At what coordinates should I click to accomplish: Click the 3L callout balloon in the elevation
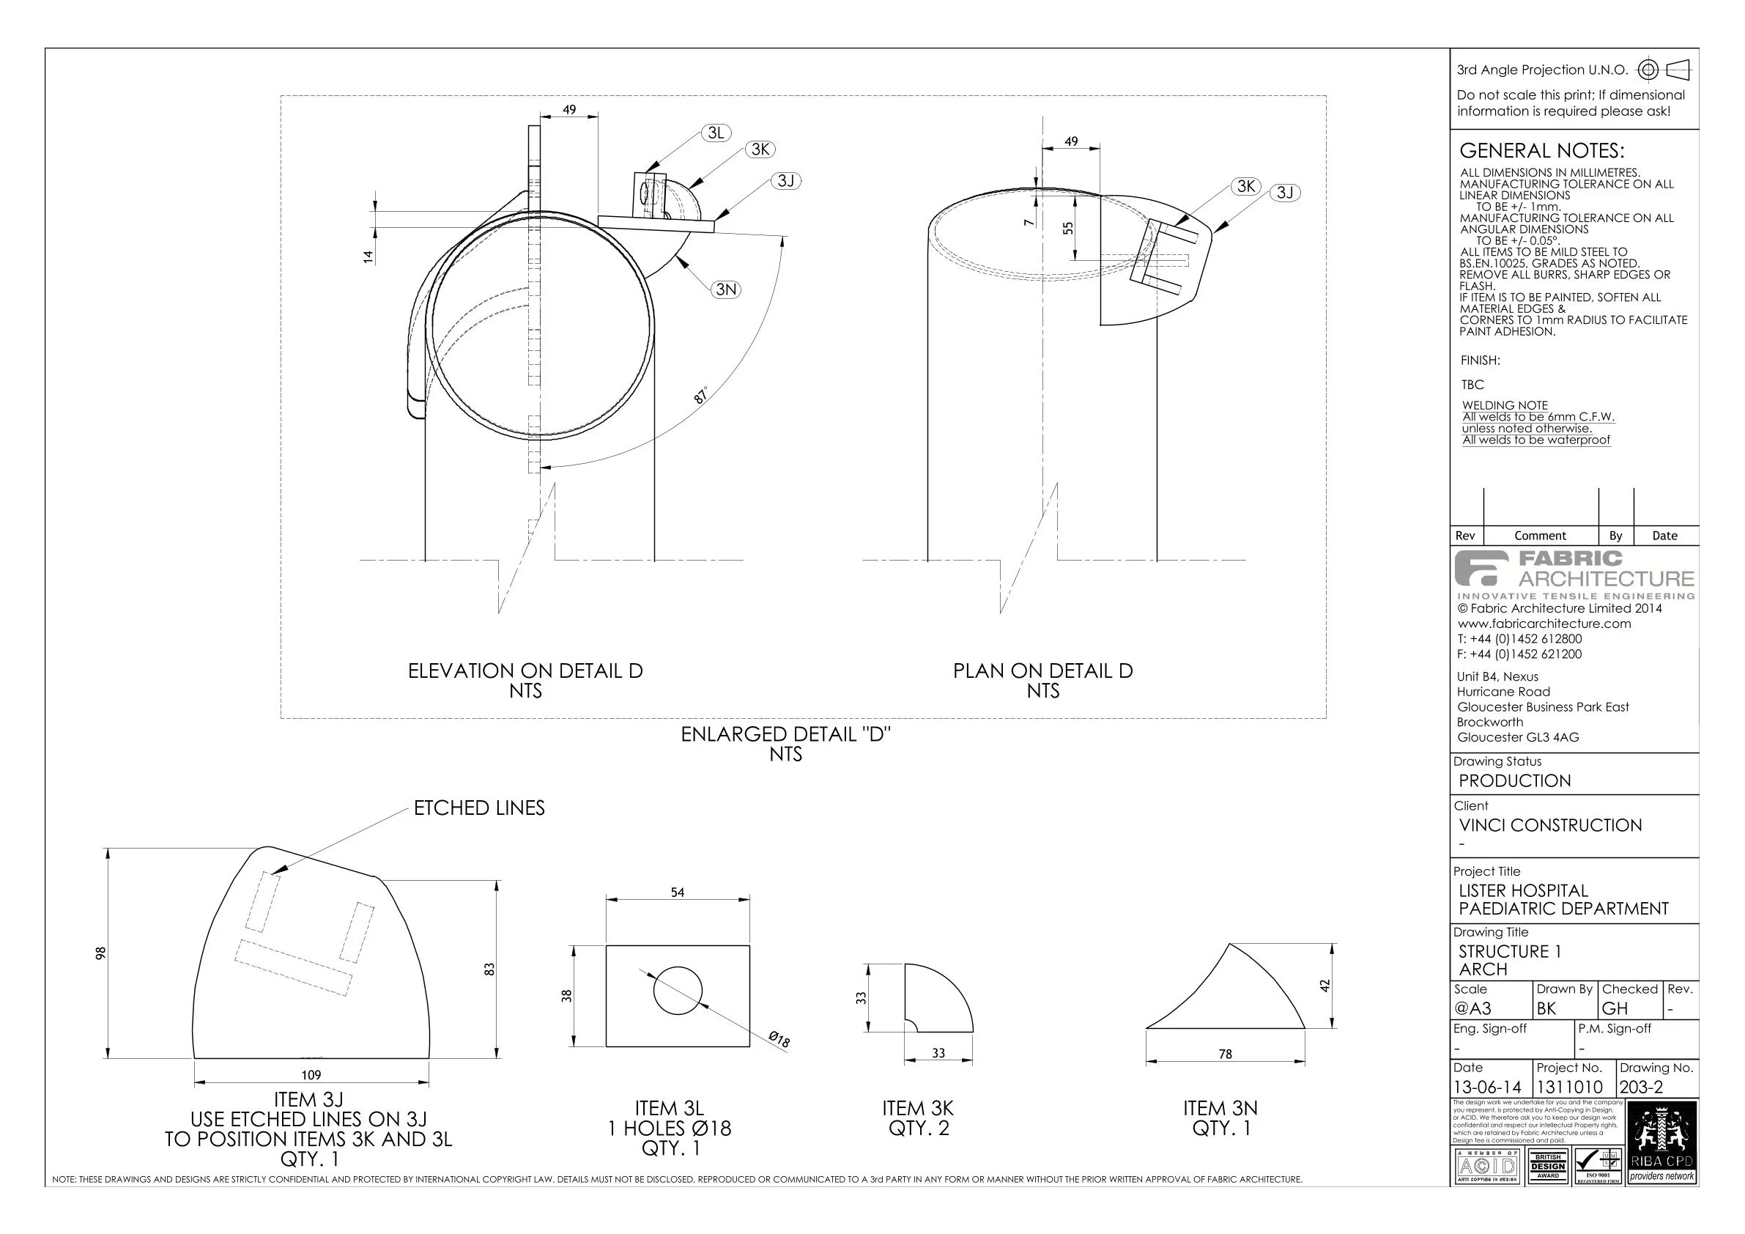(715, 133)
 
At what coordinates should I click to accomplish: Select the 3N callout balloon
(726, 289)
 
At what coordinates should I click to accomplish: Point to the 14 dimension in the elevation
(368, 256)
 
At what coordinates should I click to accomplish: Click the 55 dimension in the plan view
(1068, 227)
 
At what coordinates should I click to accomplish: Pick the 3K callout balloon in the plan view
(1245, 186)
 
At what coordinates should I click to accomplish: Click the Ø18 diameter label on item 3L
(779, 1039)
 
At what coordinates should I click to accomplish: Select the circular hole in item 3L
(678, 991)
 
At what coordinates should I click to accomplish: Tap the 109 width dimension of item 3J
(311, 1075)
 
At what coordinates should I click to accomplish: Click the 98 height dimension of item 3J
(99, 953)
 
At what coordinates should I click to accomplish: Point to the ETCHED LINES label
(479, 808)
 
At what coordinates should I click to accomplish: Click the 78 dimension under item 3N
(1225, 1054)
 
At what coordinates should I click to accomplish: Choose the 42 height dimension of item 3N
(1325, 986)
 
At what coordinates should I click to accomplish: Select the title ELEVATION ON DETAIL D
(525, 670)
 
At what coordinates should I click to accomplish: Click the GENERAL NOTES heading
(1541, 150)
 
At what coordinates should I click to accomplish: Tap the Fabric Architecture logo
(1574, 574)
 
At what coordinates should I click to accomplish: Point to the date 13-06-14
(1487, 1087)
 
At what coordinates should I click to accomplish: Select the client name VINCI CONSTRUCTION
(1549, 825)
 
